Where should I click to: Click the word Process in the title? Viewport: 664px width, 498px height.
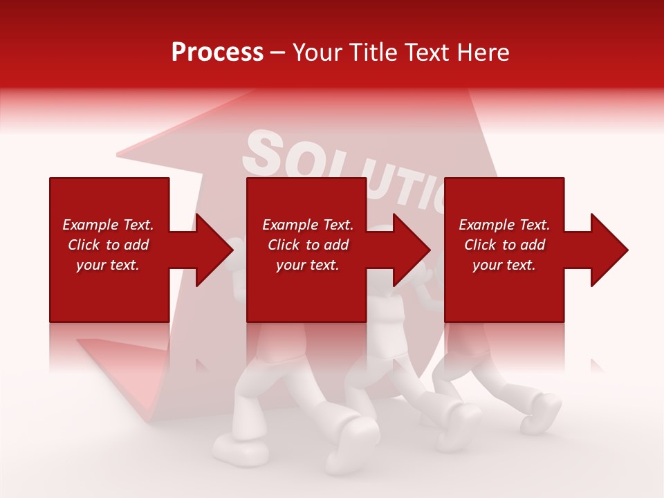pos(217,53)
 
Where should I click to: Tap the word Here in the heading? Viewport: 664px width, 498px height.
pos(483,53)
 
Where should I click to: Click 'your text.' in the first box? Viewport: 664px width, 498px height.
pos(108,265)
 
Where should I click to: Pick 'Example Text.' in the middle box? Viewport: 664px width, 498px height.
pos(308,225)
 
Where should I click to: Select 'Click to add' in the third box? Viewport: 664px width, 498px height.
pos(504,245)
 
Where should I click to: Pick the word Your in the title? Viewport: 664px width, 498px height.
pos(316,53)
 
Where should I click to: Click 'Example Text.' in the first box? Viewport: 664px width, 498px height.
pos(108,225)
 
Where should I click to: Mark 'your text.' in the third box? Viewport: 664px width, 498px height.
pos(504,265)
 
